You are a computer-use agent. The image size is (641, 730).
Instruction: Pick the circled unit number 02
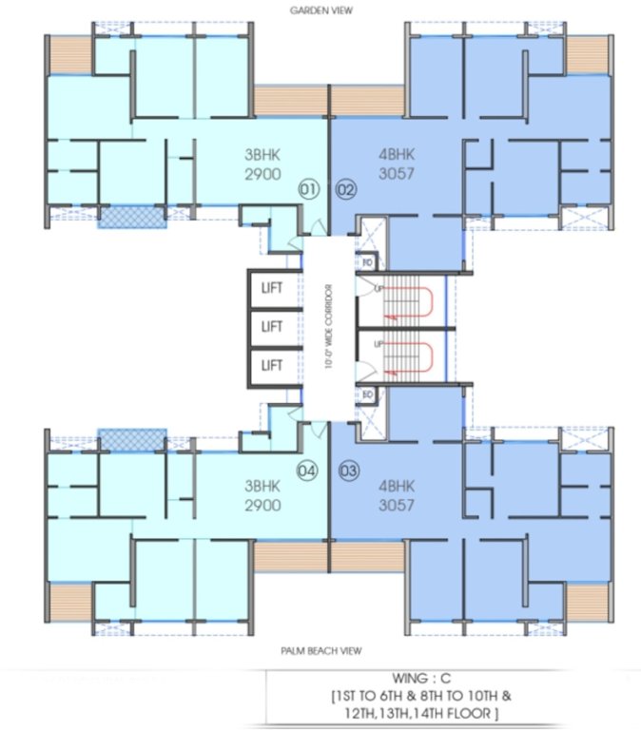click(x=345, y=189)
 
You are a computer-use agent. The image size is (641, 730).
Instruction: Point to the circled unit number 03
click(x=345, y=469)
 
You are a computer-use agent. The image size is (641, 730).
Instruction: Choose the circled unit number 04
click(x=306, y=469)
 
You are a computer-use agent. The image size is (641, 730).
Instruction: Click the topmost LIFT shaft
click(x=273, y=287)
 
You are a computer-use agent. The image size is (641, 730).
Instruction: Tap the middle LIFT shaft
click(x=273, y=326)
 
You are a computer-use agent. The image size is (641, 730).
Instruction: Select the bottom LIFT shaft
click(x=273, y=364)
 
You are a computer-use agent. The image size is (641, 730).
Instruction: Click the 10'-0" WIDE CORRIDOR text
click(x=326, y=326)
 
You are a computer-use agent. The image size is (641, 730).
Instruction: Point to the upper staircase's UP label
click(x=379, y=287)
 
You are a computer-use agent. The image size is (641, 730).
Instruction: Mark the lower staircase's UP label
click(x=379, y=343)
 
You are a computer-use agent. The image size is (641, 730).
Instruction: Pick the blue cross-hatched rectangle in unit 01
click(x=132, y=216)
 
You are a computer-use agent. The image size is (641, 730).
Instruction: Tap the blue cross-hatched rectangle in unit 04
click(x=132, y=438)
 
